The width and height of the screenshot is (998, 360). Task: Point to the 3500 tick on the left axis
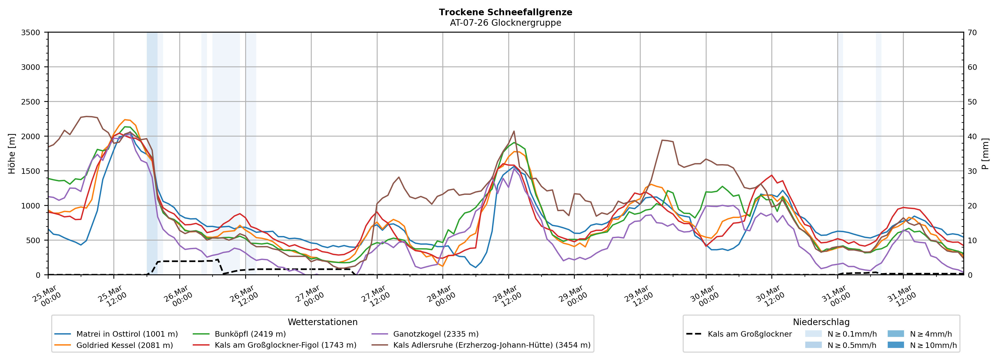pos(31,33)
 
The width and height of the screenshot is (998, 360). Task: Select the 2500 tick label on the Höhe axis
pos(31,102)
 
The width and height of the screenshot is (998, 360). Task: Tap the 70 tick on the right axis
pos(972,33)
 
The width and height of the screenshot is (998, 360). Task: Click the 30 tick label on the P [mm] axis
pos(972,171)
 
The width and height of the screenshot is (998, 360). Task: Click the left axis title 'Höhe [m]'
pos(12,153)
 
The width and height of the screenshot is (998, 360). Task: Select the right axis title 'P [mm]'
pos(985,153)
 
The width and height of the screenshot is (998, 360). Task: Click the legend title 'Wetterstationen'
pos(322,322)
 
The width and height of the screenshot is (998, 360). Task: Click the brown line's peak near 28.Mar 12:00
pos(514,131)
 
